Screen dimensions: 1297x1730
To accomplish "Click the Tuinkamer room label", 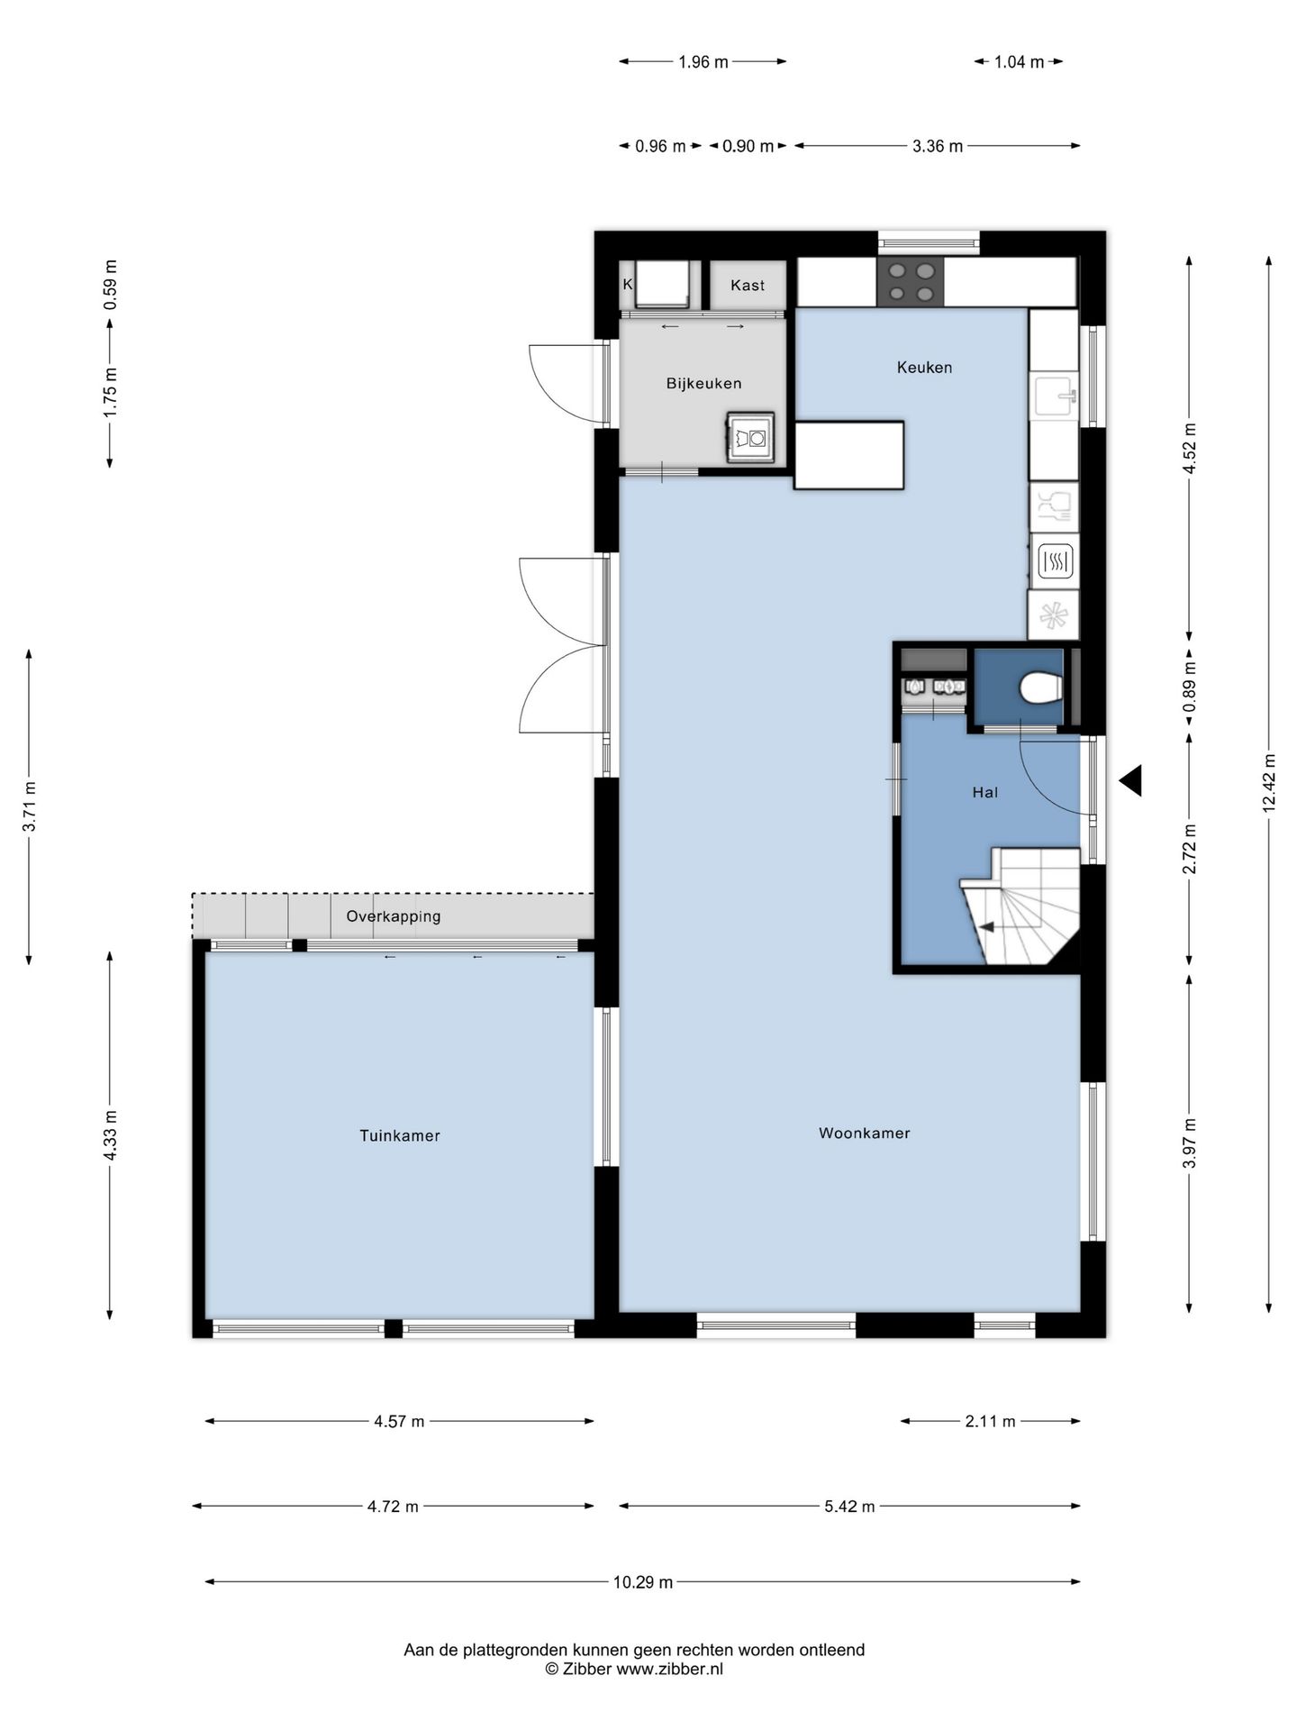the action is [x=400, y=1135].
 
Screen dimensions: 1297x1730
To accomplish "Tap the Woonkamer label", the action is [x=865, y=1133].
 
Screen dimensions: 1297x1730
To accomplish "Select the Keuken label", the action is [x=924, y=367].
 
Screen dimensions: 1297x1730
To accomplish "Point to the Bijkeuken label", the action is [x=703, y=384].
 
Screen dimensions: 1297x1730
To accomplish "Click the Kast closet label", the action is [x=748, y=285].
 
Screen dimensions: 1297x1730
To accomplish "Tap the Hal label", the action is [x=985, y=792].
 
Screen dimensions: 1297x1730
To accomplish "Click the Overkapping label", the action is [x=394, y=916].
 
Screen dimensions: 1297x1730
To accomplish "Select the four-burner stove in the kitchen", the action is [x=911, y=281].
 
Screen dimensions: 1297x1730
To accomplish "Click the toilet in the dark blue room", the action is [x=1042, y=688].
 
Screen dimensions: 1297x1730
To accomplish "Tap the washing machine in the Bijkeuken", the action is [x=750, y=439].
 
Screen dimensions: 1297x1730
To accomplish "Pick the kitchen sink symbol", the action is [x=1056, y=396].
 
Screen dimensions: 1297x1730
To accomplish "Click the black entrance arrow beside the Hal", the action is [x=1130, y=780].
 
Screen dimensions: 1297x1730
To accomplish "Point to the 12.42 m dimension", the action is [x=1269, y=782].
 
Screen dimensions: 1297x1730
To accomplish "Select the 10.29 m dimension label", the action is [x=643, y=1581].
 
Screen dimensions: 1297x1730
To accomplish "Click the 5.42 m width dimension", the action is [x=849, y=1506].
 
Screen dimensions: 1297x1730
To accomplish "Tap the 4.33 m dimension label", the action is [x=110, y=1135].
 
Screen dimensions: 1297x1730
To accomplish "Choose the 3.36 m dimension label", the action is [x=938, y=146].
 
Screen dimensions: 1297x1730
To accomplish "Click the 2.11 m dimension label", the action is [x=990, y=1422].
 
